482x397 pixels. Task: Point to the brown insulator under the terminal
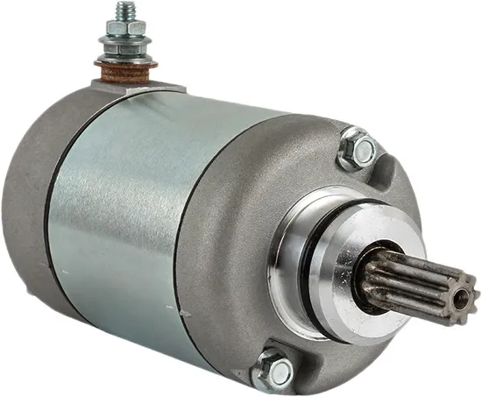(124, 67)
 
